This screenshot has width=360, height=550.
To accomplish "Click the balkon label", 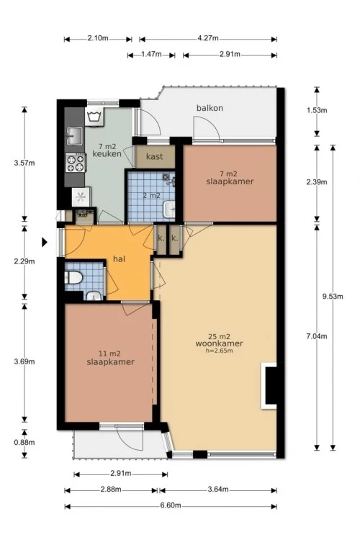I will [x=210, y=108].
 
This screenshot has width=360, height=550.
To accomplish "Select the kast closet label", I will [x=153, y=156].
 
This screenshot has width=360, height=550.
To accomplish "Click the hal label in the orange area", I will [x=121, y=259].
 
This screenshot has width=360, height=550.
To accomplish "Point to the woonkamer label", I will [x=218, y=343].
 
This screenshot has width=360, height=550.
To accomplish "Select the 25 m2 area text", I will [x=218, y=336].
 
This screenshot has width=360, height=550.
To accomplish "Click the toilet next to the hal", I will [x=73, y=277].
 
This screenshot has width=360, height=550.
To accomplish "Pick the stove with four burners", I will [x=75, y=164].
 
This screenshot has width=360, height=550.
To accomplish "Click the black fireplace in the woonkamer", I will [x=271, y=385].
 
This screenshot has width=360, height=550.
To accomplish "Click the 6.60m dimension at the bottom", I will [x=171, y=506].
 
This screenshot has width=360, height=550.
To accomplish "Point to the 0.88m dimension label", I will [x=24, y=443].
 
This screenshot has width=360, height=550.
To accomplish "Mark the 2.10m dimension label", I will [x=97, y=39].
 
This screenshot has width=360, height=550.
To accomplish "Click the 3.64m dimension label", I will [x=217, y=490].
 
